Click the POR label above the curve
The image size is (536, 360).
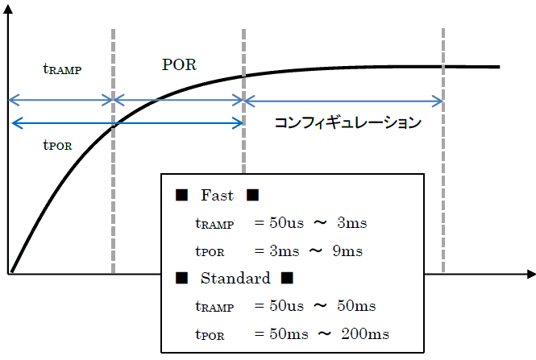pos(179,64)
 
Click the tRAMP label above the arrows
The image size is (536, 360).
pos(62,69)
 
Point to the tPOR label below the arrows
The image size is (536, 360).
pos(57,146)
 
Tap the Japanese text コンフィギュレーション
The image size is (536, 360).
pos(347,123)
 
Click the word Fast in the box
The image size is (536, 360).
pos(217,195)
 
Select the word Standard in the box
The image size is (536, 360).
pos(235,279)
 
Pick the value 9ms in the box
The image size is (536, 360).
pos(347,250)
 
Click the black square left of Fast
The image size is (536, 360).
pos(181,196)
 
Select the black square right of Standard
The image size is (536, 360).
pos(287,279)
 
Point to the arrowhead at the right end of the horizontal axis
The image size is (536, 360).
pos(530,274)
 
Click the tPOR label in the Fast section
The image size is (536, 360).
pos(210,251)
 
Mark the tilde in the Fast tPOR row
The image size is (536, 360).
pos(317,250)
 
